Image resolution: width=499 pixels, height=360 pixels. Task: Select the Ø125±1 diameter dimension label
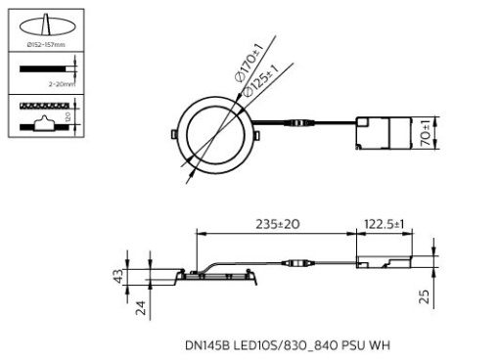point(266,77)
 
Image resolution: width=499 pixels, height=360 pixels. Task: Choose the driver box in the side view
point(383,262)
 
